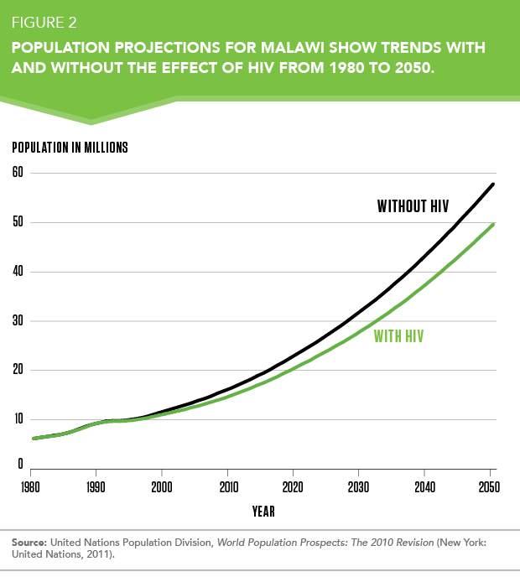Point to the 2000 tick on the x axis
tap(161, 486)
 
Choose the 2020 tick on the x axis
tap(293, 486)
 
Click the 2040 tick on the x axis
tap(424, 486)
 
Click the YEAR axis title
tap(263, 510)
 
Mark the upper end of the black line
tap(493, 184)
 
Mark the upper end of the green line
tap(493, 224)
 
